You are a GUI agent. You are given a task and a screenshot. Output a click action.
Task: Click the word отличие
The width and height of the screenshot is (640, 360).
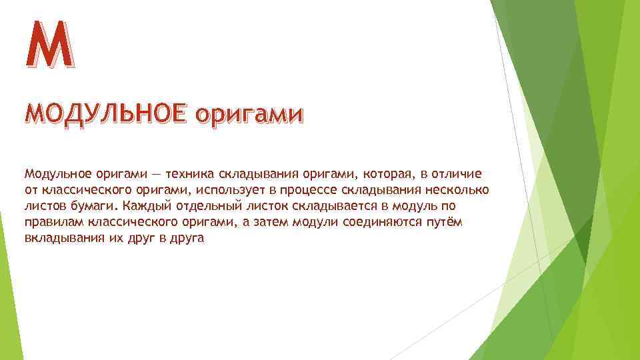point(458,174)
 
